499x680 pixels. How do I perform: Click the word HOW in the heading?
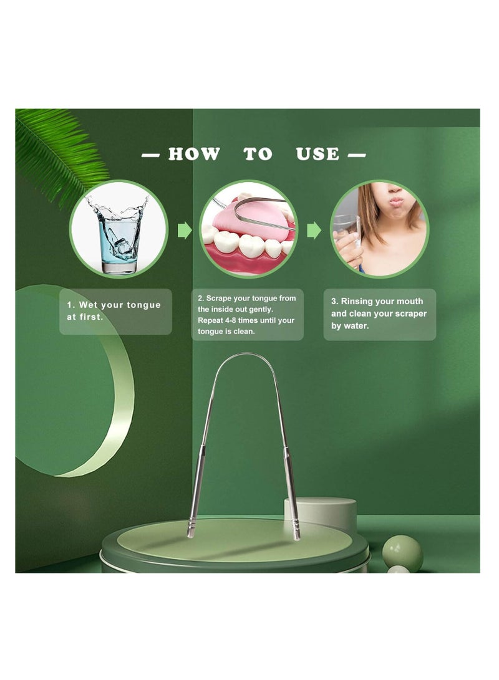[194, 154]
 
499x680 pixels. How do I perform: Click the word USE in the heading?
[317, 154]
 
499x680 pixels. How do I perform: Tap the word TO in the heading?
[258, 154]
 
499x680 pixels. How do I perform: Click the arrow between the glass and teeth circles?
[185, 230]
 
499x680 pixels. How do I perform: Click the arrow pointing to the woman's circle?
[314, 230]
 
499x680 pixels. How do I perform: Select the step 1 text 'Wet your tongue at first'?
[114, 311]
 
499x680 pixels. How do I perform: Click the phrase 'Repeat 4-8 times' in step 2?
[224, 320]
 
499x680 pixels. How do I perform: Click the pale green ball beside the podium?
[402, 553]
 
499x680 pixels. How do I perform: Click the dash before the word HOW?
[150, 155]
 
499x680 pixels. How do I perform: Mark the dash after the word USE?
[357, 155]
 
